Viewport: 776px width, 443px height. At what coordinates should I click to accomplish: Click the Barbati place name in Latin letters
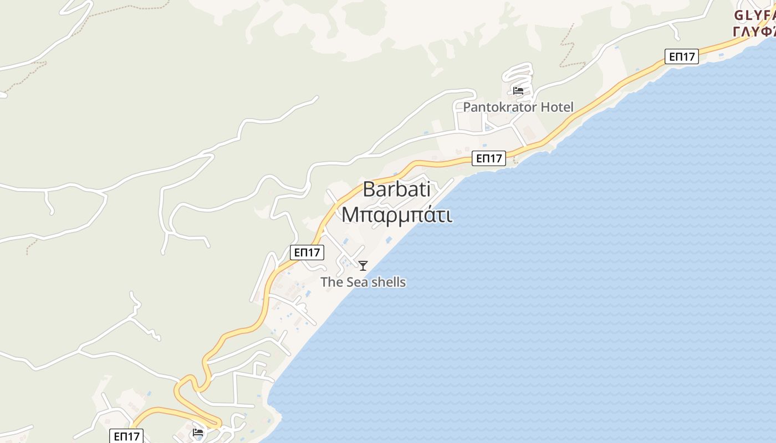point(396,189)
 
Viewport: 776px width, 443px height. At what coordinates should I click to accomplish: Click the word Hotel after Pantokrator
point(554,107)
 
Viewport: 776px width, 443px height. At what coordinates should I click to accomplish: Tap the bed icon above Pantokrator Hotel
point(518,91)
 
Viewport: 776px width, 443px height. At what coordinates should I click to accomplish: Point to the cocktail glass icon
point(363,266)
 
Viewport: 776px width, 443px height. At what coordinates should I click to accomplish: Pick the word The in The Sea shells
point(332,282)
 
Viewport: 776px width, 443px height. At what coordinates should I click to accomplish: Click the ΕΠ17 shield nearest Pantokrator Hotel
point(489,158)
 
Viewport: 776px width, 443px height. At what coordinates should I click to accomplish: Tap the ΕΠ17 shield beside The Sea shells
point(307,253)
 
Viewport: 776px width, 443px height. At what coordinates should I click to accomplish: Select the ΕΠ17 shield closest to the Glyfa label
point(682,56)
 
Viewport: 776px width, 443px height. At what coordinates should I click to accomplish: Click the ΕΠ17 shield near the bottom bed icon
point(127,436)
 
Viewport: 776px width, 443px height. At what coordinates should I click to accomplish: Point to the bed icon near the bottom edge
point(198,432)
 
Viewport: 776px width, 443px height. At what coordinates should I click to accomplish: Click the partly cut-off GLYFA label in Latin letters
point(755,16)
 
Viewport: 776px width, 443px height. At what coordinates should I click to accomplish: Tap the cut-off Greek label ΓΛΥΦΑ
point(755,32)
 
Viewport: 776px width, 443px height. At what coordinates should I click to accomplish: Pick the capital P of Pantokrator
point(467,107)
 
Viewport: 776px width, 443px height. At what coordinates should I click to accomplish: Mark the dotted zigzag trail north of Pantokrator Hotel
point(568,44)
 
